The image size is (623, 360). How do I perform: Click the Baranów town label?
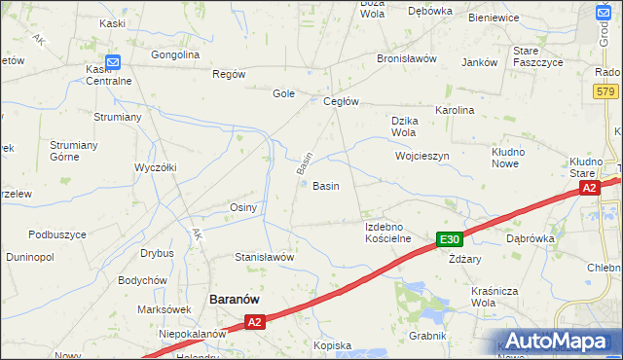pyautogui.click(x=234, y=300)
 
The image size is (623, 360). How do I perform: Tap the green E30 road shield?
pyautogui.click(x=449, y=239)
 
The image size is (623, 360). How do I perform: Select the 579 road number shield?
pyautogui.click(x=605, y=90)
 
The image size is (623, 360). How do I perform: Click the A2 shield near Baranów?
pyautogui.click(x=254, y=321)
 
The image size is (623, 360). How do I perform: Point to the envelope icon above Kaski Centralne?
pyautogui.click(x=113, y=62)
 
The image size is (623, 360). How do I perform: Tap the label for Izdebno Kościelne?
pyautogui.click(x=387, y=232)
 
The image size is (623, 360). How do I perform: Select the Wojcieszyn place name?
pyautogui.click(x=421, y=156)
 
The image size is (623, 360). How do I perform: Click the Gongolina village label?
pyautogui.click(x=175, y=54)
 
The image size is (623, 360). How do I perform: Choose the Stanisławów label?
pyautogui.click(x=264, y=257)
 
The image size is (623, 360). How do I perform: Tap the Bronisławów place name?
pyautogui.click(x=407, y=58)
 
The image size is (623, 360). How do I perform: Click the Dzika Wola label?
pyautogui.click(x=404, y=126)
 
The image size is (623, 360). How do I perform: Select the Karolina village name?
pyautogui.click(x=455, y=110)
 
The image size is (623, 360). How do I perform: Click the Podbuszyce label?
pyautogui.click(x=57, y=234)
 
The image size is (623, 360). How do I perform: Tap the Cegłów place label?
pyautogui.click(x=342, y=101)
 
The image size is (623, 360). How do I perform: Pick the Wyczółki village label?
pyautogui.click(x=155, y=167)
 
